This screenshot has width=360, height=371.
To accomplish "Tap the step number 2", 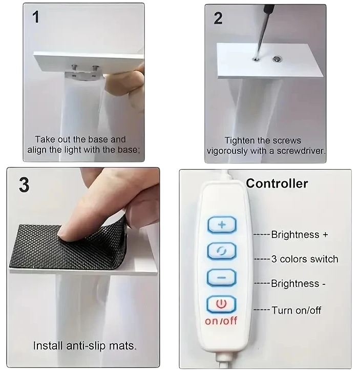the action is [218, 18].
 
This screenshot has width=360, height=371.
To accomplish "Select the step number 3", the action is [24, 185].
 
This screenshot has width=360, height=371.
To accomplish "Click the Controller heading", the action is [277, 183].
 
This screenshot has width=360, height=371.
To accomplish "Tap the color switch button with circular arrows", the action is [222, 251].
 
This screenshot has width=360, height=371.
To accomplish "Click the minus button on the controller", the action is [222, 278].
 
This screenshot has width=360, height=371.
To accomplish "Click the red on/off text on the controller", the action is [221, 321].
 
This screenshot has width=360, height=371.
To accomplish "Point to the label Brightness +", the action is [300, 235].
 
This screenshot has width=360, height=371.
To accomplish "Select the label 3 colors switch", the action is [305, 259].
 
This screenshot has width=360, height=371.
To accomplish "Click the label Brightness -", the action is [299, 283].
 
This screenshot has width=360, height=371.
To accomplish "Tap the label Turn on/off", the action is [297, 310].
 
